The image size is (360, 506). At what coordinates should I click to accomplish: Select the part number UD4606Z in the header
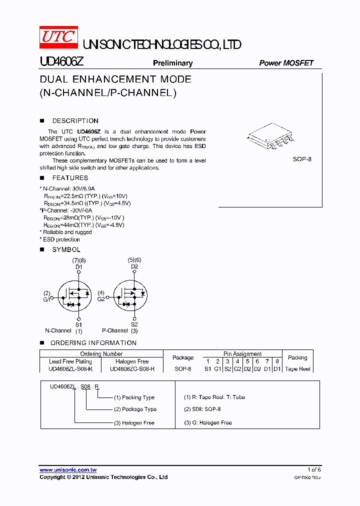[x=62, y=62]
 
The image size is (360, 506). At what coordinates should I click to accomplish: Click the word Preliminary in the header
[x=172, y=63]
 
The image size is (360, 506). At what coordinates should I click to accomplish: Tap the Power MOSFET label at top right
[x=286, y=63]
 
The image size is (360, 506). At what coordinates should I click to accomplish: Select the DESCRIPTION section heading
[x=75, y=121]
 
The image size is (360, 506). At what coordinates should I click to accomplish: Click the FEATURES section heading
[x=70, y=178]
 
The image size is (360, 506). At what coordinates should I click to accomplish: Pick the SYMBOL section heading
[x=66, y=249]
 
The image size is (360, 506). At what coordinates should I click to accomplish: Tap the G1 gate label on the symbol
[x=46, y=299]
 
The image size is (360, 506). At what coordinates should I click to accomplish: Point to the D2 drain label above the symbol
[x=134, y=266]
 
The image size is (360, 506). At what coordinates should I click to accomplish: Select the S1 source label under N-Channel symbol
[x=79, y=324]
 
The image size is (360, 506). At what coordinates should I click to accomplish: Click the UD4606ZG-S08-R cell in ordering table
[x=132, y=369]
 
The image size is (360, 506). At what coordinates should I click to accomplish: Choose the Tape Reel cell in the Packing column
[x=298, y=369]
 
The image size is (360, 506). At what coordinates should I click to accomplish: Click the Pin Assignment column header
[x=242, y=354]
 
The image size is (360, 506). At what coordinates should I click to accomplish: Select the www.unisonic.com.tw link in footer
[x=68, y=470]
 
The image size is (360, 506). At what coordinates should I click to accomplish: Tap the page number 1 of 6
[x=313, y=469]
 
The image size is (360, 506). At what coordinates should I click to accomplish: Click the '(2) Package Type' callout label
[x=135, y=409]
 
